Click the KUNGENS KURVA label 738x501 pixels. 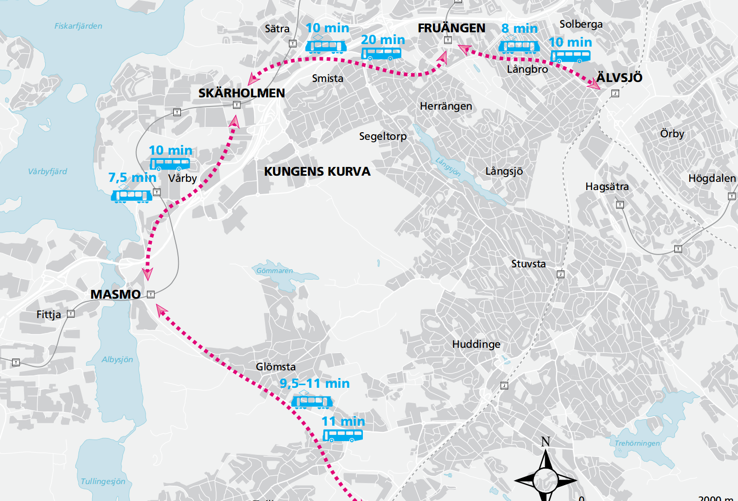[x=317, y=172]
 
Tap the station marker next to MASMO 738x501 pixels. [x=151, y=294]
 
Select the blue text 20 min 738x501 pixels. [x=382, y=40]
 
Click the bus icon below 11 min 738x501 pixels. [x=342, y=436]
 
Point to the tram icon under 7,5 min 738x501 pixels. [x=131, y=195]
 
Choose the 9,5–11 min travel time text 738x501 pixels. [x=314, y=384]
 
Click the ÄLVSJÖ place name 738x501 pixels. [x=619, y=78]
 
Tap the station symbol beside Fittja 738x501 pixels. [x=71, y=314]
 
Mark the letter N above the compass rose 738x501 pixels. [x=545, y=442]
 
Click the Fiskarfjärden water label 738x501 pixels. [x=78, y=26]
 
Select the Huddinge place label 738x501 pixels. [x=476, y=344]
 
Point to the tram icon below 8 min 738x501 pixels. [x=519, y=47]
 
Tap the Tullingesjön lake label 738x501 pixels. [x=102, y=482]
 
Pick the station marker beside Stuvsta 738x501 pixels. [x=561, y=274]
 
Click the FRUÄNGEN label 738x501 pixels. [x=451, y=28]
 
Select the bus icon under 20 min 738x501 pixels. [x=381, y=53]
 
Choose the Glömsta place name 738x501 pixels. [x=275, y=367]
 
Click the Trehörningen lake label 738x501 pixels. [x=637, y=443]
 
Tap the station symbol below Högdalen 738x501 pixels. [x=731, y=196]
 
